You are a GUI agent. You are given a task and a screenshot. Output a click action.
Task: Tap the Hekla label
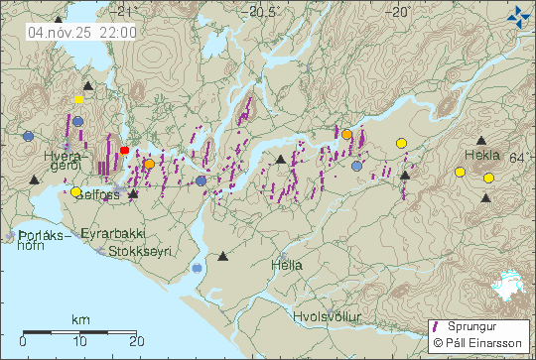click(x=482, y=156)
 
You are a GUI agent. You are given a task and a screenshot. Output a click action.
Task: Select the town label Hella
click(x=287, y=265)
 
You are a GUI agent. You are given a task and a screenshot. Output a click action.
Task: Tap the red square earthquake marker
click(x=124, y=150)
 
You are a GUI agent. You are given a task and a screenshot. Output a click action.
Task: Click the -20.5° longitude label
click(x=264, y=12)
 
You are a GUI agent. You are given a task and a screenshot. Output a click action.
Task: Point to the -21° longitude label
click(x=123, y=12)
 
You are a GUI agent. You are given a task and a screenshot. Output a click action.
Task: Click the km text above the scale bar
click(x=80, y=320)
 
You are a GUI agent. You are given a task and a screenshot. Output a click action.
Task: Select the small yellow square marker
click(x=78, y=99)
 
